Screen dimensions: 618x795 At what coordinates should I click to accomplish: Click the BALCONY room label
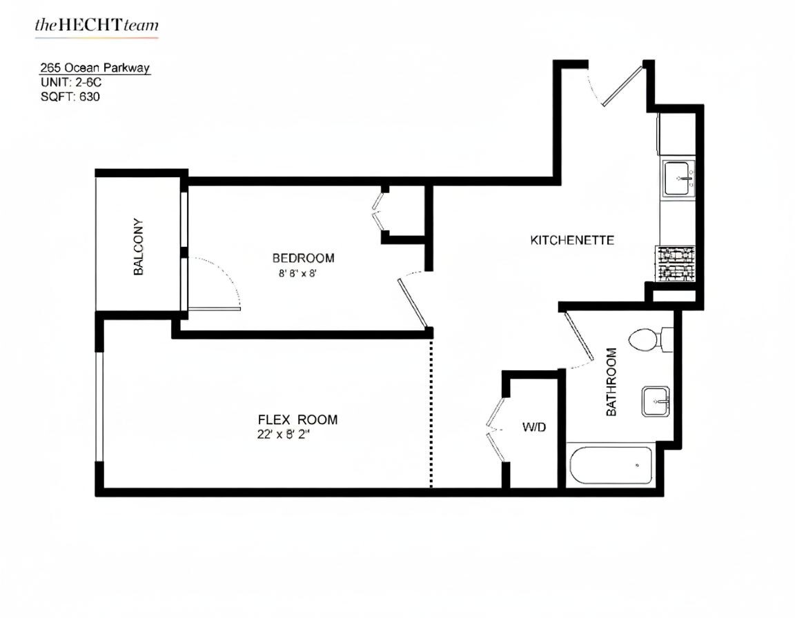click(x=139, y=248)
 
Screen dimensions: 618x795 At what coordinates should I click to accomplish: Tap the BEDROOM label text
click(x=303, y=258)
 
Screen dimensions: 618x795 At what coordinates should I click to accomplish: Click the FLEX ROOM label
click(x=297, y=419)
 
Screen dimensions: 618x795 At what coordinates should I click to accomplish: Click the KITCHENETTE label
click(x=572, y=240)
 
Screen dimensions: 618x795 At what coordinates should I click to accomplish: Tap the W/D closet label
click(x=533, y=427)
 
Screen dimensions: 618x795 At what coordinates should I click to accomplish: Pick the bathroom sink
click(x=656, y=401)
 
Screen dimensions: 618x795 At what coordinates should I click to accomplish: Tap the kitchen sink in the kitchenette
click(x=679, y=178)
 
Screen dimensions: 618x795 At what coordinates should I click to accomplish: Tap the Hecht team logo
click(x=97, y=27)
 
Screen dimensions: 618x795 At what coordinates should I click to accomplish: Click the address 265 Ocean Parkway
click(x=95, y=68)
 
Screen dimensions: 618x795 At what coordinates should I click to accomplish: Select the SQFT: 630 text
click(x=70, y=97)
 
